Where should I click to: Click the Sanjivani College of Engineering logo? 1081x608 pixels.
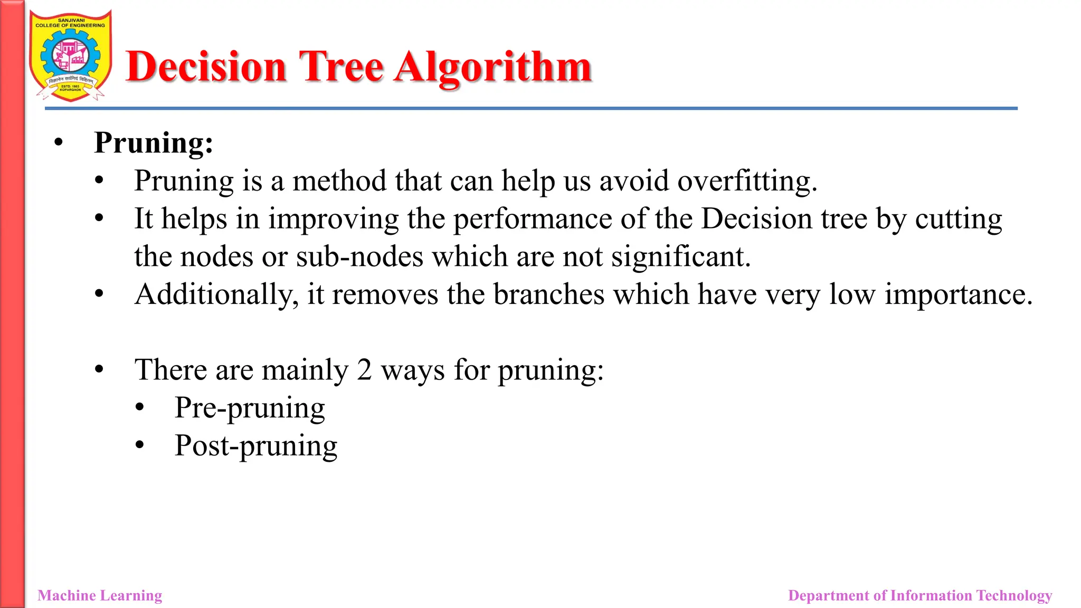[x=70, y=55]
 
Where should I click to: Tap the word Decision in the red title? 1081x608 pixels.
[x=206, y=68]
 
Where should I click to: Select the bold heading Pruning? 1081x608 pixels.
[x=153, y=142]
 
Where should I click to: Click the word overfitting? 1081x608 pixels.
[x=747, y=181]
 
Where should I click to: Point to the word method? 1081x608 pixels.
[x=339, y=181]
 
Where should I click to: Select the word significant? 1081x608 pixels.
[x=680, y=257]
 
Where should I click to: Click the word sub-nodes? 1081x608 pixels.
[x=359, y=257]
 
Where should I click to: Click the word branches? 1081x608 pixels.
[x=549, y=294]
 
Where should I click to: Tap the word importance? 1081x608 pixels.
[x=958, y=294]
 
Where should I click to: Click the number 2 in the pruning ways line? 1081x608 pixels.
[x=364, y=369]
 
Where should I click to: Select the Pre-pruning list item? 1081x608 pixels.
[x=250, y=408]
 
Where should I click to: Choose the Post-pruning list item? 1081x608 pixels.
[x=256, y=446]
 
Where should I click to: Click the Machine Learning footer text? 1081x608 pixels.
[x=100, y=595]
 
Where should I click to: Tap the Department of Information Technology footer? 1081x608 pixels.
[x=920, y=595]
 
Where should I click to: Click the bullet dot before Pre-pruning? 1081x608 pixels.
[x=139, y=407]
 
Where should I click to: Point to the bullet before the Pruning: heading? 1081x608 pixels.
[x=59, y=142]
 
